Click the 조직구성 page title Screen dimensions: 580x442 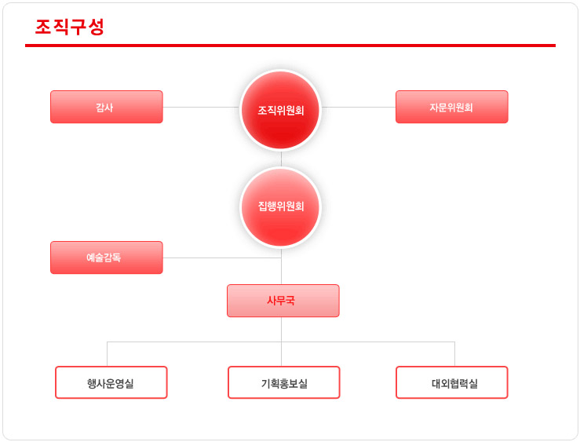pos(70,27)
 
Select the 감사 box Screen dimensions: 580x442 pos(107,107)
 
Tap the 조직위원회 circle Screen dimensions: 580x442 pos(281,110)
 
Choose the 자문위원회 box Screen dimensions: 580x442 pos(451,107)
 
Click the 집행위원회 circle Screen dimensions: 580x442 pos(281,206)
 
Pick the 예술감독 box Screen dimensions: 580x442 pos(107,258)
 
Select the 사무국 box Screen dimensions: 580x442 pos(283,301)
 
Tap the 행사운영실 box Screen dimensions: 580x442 pos(111,382)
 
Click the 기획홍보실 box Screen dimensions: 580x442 pos(283,382)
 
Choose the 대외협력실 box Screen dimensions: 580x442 pos(451,382)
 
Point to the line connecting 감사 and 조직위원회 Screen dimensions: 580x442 pos(202,108)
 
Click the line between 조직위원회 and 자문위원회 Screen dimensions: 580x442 pos(359,108)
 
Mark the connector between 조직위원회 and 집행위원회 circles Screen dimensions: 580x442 pos(281,159)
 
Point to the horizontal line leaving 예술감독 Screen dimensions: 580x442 pos(222,258)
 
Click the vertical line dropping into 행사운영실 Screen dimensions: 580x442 pos(108,354)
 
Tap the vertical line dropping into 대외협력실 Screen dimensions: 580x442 pos(454,354)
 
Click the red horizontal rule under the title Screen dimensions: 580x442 pos(290,46)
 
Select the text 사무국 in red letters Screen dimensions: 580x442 pos(281,301)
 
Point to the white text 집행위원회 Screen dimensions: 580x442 pos(281,206)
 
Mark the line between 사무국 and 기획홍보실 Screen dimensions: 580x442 pos(281,342)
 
